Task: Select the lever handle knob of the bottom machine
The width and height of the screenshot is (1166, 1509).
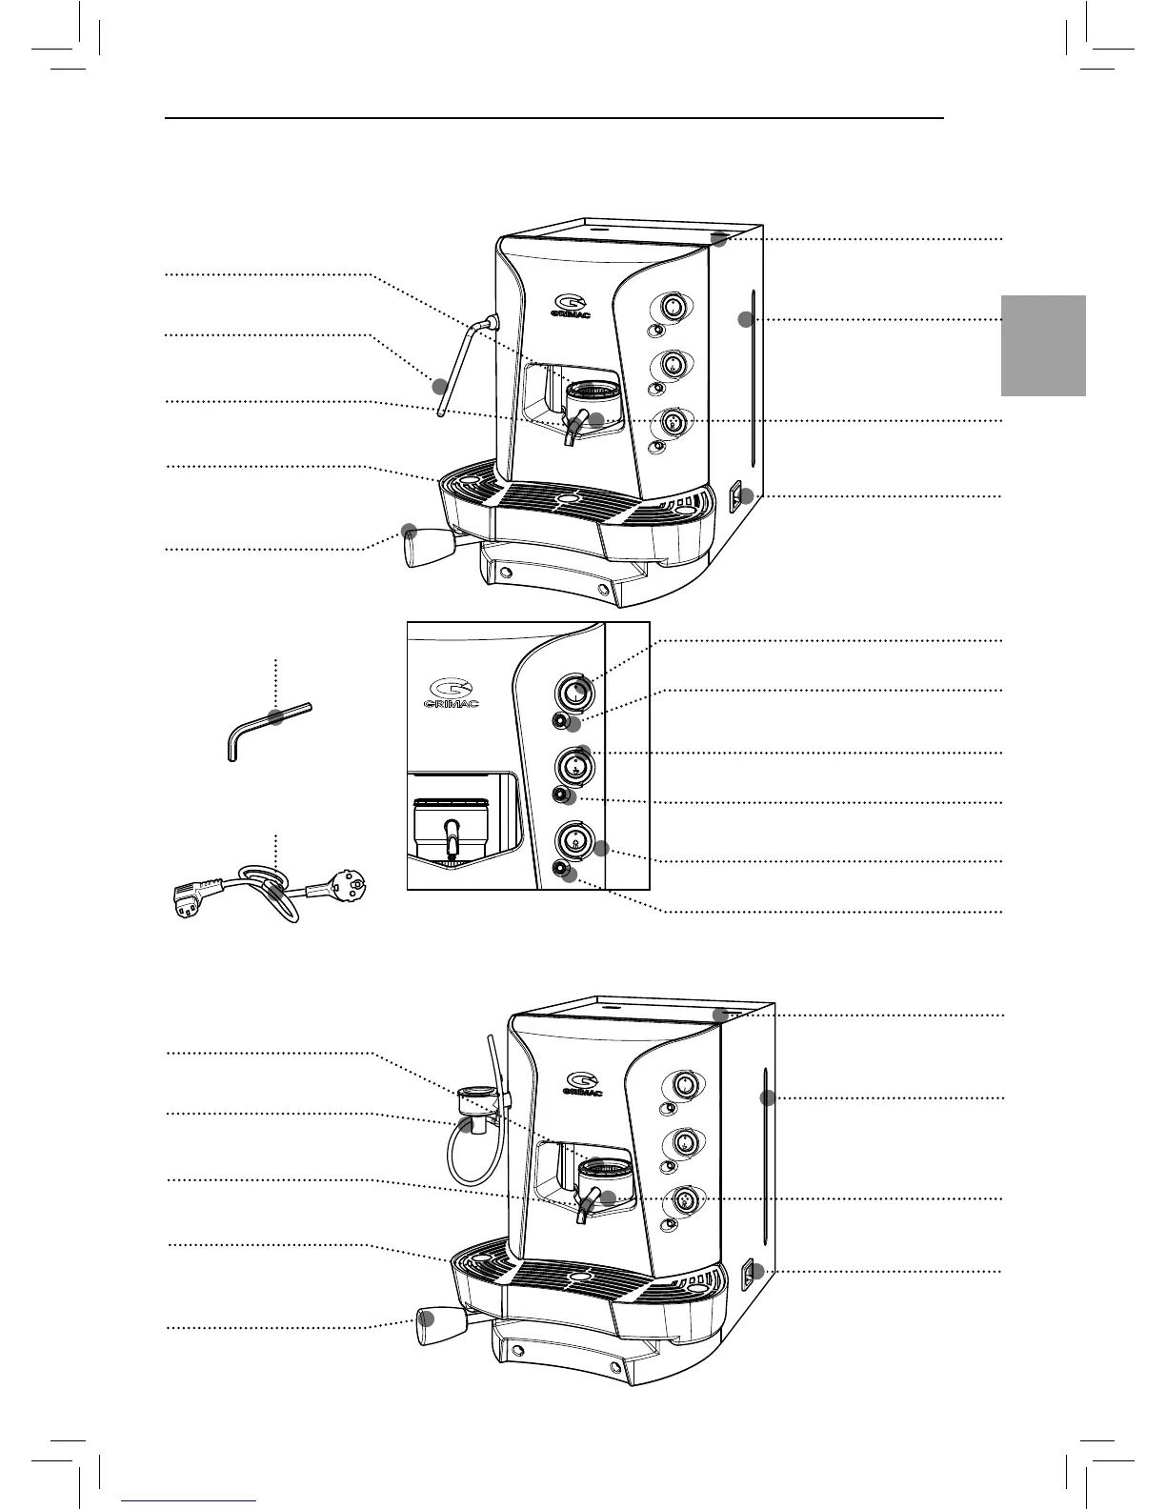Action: click(x=429, y=1324)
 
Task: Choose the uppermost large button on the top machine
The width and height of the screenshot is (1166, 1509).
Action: click(x=672, y=307)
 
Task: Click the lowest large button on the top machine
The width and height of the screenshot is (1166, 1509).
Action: click(x=672, y=422)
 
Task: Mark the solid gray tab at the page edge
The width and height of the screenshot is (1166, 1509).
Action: click(x=1043, y=345)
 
